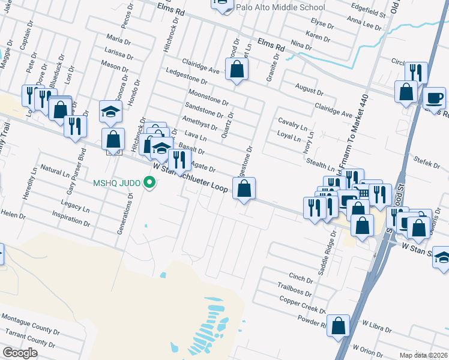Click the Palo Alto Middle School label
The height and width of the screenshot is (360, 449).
click(x=280, y=8)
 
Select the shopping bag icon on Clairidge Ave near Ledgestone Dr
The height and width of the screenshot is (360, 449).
click(x=237, y=70)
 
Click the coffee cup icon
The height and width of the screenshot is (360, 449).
click(x=434, y=97)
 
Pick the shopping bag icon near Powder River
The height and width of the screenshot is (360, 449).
click(x=339, y=326)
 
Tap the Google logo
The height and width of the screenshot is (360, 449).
click(x=20, y=353)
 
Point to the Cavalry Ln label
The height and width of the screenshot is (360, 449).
click(x=292, y=121)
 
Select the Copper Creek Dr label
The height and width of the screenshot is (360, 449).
click(x=302, y=305)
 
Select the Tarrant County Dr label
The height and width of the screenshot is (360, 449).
click(x=29, y=338)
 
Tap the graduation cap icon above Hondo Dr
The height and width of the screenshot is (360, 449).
click(x=110, y=111)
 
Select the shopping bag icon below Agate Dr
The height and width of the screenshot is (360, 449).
click(x=243, y=190)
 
